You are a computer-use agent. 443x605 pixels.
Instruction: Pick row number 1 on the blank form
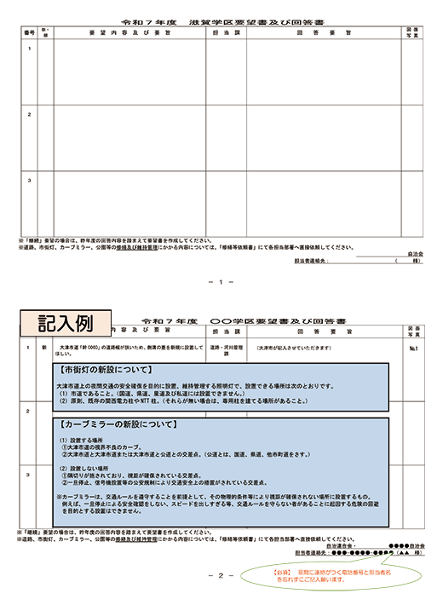[30, 48]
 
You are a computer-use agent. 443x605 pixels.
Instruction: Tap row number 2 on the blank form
[30, 113]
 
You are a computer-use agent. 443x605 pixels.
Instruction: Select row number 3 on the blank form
[30, 180]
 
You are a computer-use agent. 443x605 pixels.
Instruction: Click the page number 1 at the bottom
[221, 281]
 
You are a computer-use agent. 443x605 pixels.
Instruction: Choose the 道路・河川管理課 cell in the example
[226, 349]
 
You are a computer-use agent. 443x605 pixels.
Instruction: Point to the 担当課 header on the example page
[226, 328]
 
